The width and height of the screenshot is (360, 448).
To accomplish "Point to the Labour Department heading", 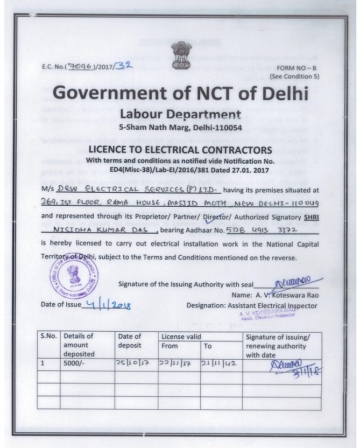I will coord(180,114).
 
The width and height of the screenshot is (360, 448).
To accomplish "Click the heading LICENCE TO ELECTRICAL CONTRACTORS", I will coord(180,150).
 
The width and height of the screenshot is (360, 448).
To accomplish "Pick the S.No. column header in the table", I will coord(49,336).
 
